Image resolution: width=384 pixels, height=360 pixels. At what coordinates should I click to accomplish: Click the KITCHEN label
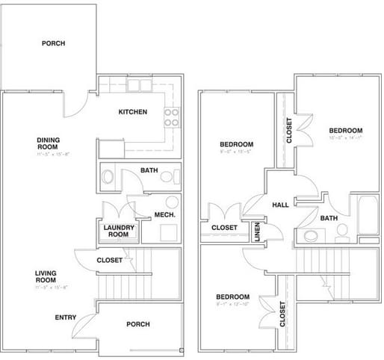point(132,112)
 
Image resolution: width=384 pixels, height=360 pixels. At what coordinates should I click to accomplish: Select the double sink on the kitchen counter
point(138,85)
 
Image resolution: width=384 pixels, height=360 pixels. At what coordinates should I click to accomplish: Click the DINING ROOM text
point(48,143)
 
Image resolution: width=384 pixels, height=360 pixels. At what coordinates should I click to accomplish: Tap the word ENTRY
point(65,317)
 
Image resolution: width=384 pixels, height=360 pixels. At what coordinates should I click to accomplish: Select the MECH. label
point(164,216)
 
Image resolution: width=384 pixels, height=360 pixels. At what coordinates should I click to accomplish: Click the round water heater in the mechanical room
point(172,202)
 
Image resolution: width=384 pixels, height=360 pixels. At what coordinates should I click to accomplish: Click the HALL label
point(280,205)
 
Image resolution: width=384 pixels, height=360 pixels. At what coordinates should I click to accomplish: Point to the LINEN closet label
point(257,233)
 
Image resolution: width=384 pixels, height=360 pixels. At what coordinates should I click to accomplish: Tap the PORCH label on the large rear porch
point(53,43)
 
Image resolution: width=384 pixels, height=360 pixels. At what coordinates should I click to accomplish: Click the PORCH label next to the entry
point(138,324)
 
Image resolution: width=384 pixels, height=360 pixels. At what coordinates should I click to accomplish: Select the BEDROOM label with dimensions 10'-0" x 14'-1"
point(346,130)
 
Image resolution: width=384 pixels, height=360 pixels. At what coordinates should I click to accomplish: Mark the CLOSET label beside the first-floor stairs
point(110,260)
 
